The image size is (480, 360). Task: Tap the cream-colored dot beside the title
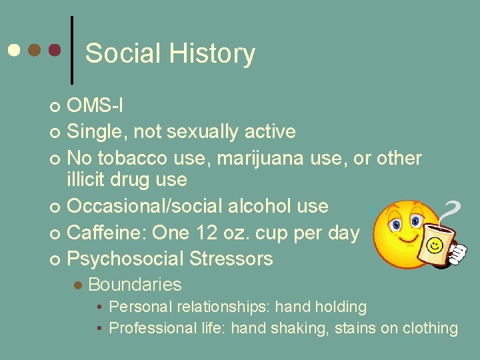pyautogui.click(x=13, y=50)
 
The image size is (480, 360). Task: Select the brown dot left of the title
pyautogui.click(x=34, y=50)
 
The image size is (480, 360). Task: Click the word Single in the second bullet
pyautogui.click(x=97, y=132)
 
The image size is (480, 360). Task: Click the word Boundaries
pyautogui.click(x=134, y=285)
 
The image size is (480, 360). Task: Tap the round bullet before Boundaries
pyautogui.click(x=78, y=285)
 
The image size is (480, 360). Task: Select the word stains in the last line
pyautogui.click(x=347, y=328)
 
